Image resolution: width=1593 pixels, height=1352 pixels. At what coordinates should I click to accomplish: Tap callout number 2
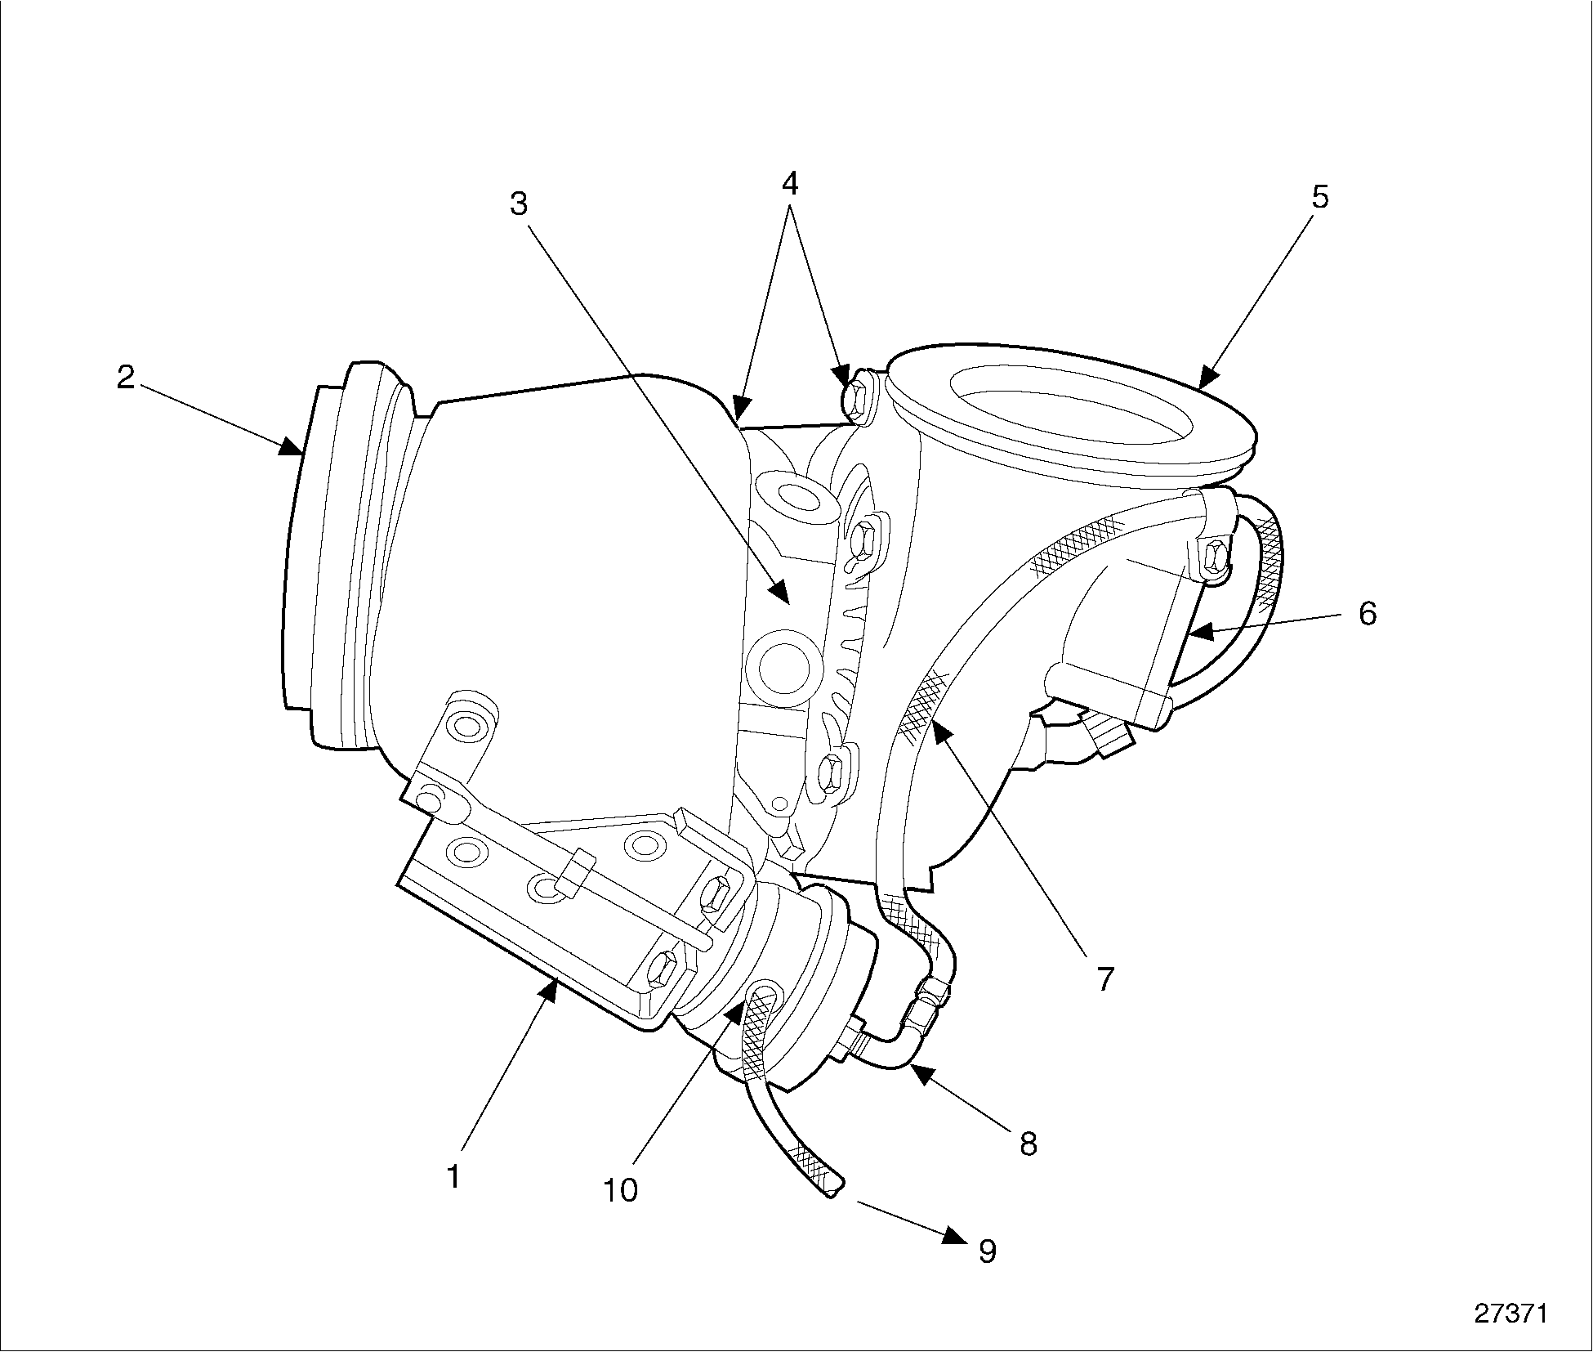coord(125,377)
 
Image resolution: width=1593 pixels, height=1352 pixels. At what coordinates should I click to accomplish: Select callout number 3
coord(519,204)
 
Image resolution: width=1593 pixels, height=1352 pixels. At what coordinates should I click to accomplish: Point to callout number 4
coord(789,183)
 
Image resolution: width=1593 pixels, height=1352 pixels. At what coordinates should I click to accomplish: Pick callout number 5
coord(1319,197)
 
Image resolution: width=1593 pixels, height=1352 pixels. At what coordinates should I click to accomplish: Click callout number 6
coord(1368,613)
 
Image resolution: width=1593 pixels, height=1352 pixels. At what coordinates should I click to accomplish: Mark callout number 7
coord(1104,978)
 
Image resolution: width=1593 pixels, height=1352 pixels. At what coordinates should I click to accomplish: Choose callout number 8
coord(1028,1144)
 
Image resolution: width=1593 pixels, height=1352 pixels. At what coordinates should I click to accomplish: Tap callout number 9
coord(987,1251)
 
